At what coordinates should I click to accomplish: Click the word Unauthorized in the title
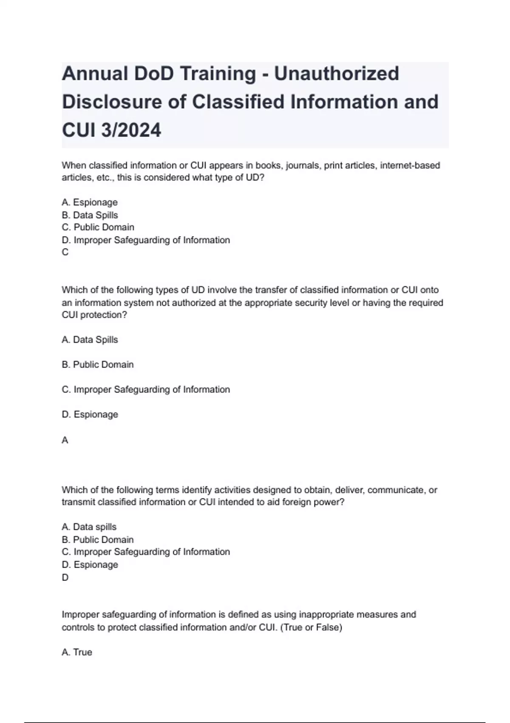pos(336,74)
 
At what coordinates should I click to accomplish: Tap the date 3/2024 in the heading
pos(131,130)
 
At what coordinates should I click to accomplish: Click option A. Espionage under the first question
pos(90,202)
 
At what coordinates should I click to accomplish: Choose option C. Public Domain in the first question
pos(98,227)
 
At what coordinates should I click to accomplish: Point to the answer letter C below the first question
pos(65,252)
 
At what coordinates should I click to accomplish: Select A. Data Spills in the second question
pos(90,340)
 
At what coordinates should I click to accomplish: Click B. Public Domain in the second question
pos(98,364)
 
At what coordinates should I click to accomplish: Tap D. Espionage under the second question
pos(90,414)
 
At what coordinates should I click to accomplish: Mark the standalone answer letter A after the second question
pos(65,440)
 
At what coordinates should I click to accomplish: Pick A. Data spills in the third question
pos(89,527)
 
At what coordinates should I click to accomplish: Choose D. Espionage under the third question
pos(90,565)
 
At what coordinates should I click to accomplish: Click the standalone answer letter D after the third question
pos(65,578)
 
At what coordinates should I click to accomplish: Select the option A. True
pos(77,652)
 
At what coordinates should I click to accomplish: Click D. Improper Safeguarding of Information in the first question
pos(146,240)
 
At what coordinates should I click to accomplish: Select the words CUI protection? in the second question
pos(94,315)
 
